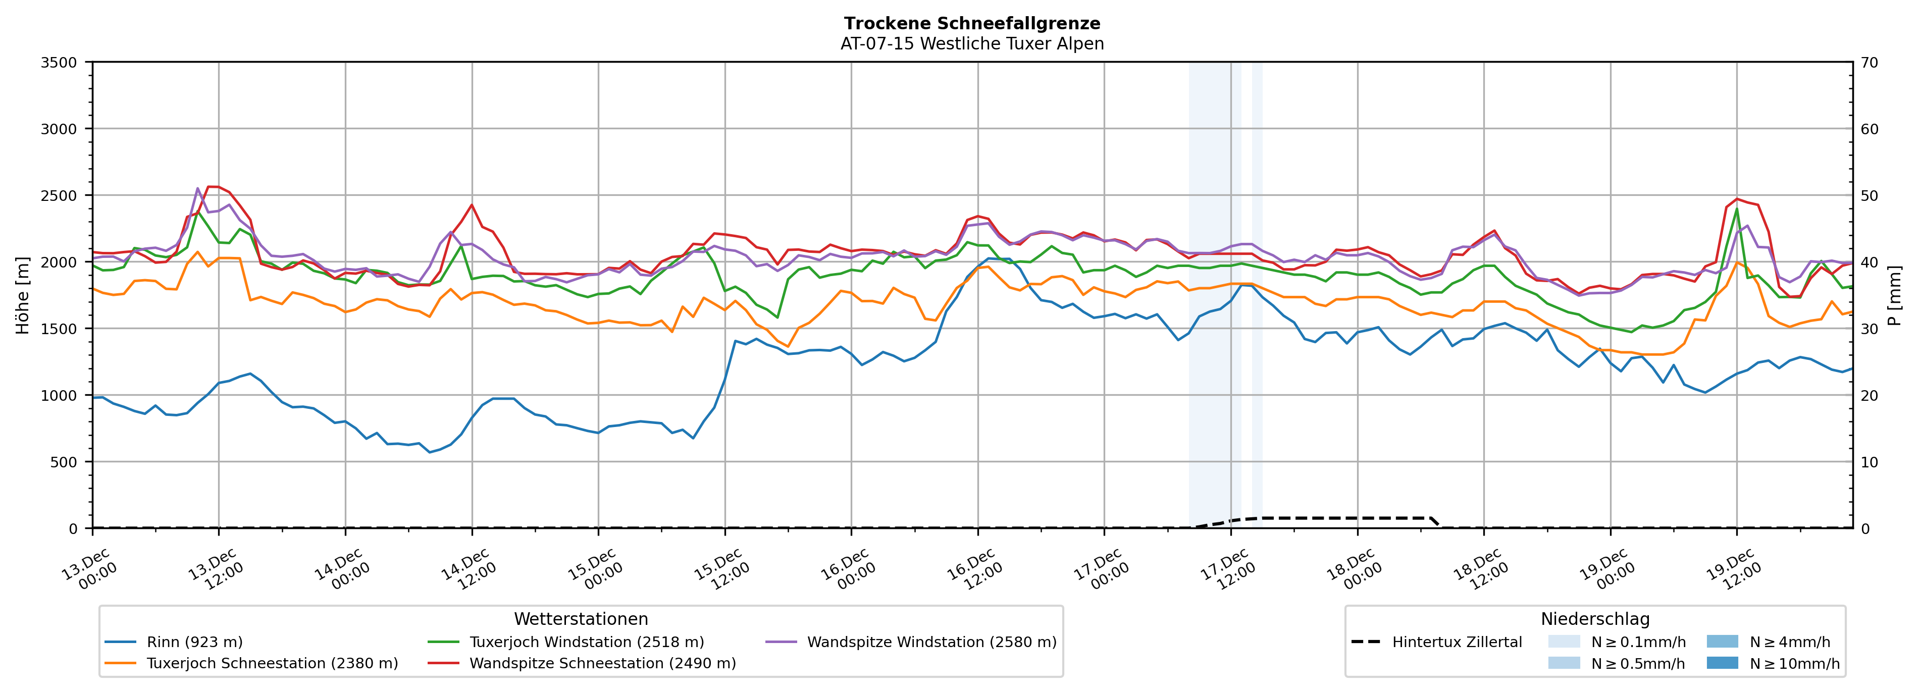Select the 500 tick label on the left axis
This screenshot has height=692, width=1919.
[63, 462]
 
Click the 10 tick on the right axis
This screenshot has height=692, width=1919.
[1869, 462]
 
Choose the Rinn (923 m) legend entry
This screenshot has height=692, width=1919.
[194, 642]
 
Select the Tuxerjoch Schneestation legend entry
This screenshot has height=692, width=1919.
[272, 663]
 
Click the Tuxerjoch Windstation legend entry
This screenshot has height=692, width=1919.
[586, 642]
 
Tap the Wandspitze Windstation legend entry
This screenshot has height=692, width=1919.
[931, 642]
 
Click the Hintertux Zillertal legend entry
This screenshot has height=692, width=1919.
[1457, 642]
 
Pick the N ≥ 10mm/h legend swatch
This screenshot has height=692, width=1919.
[1722, 663]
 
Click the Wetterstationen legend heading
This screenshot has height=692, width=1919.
[581, 619]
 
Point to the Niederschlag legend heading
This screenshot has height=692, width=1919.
[1595, 619]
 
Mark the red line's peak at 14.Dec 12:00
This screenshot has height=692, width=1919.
[472, 205]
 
